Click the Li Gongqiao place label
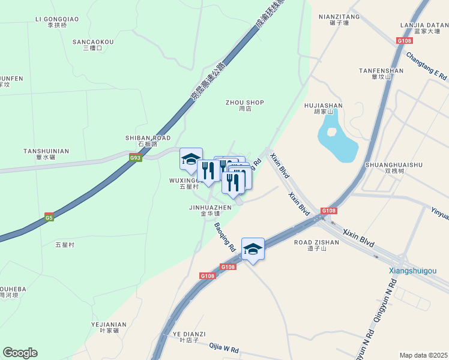[58, 22]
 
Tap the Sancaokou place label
[93, 45]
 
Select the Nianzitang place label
[339, 20]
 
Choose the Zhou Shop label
[245, 106]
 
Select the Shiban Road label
[148, 141]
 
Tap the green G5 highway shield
[49, 217]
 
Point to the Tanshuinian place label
[46, 154]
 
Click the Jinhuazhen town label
[210, 210]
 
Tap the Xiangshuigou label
[412, 271]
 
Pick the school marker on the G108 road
[253, 250]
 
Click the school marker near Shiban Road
[191, 160]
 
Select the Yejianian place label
[109, 327]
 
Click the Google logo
[20, 353]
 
